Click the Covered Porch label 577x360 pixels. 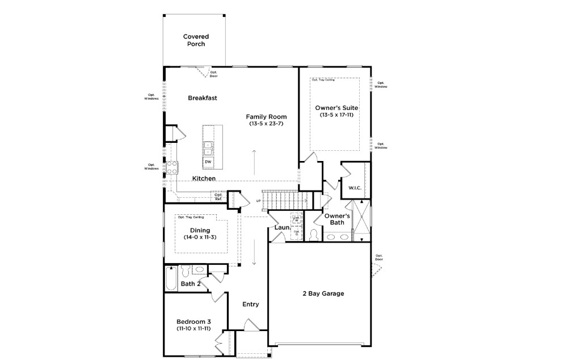[x=194, y=40]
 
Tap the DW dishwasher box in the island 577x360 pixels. [x=208, y=162]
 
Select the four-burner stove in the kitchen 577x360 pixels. [x=172, y=167]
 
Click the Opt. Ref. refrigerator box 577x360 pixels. [x=218, y=197]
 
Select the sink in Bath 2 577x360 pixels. [x=200, y=270]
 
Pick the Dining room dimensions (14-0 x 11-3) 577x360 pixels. [x=200, y=237]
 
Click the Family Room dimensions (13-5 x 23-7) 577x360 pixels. [x=266, y=124]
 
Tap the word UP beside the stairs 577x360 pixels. [x=259, y=201]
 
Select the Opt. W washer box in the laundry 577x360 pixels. [x=296, y=219]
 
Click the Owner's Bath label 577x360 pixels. [x=337, y=219]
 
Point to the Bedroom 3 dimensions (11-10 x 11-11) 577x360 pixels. [x=194, y=328]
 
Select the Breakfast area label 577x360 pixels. [x=203, y=98]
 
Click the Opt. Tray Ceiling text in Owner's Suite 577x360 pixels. [x=323, y=81]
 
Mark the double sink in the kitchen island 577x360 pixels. [x=208, y=147]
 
